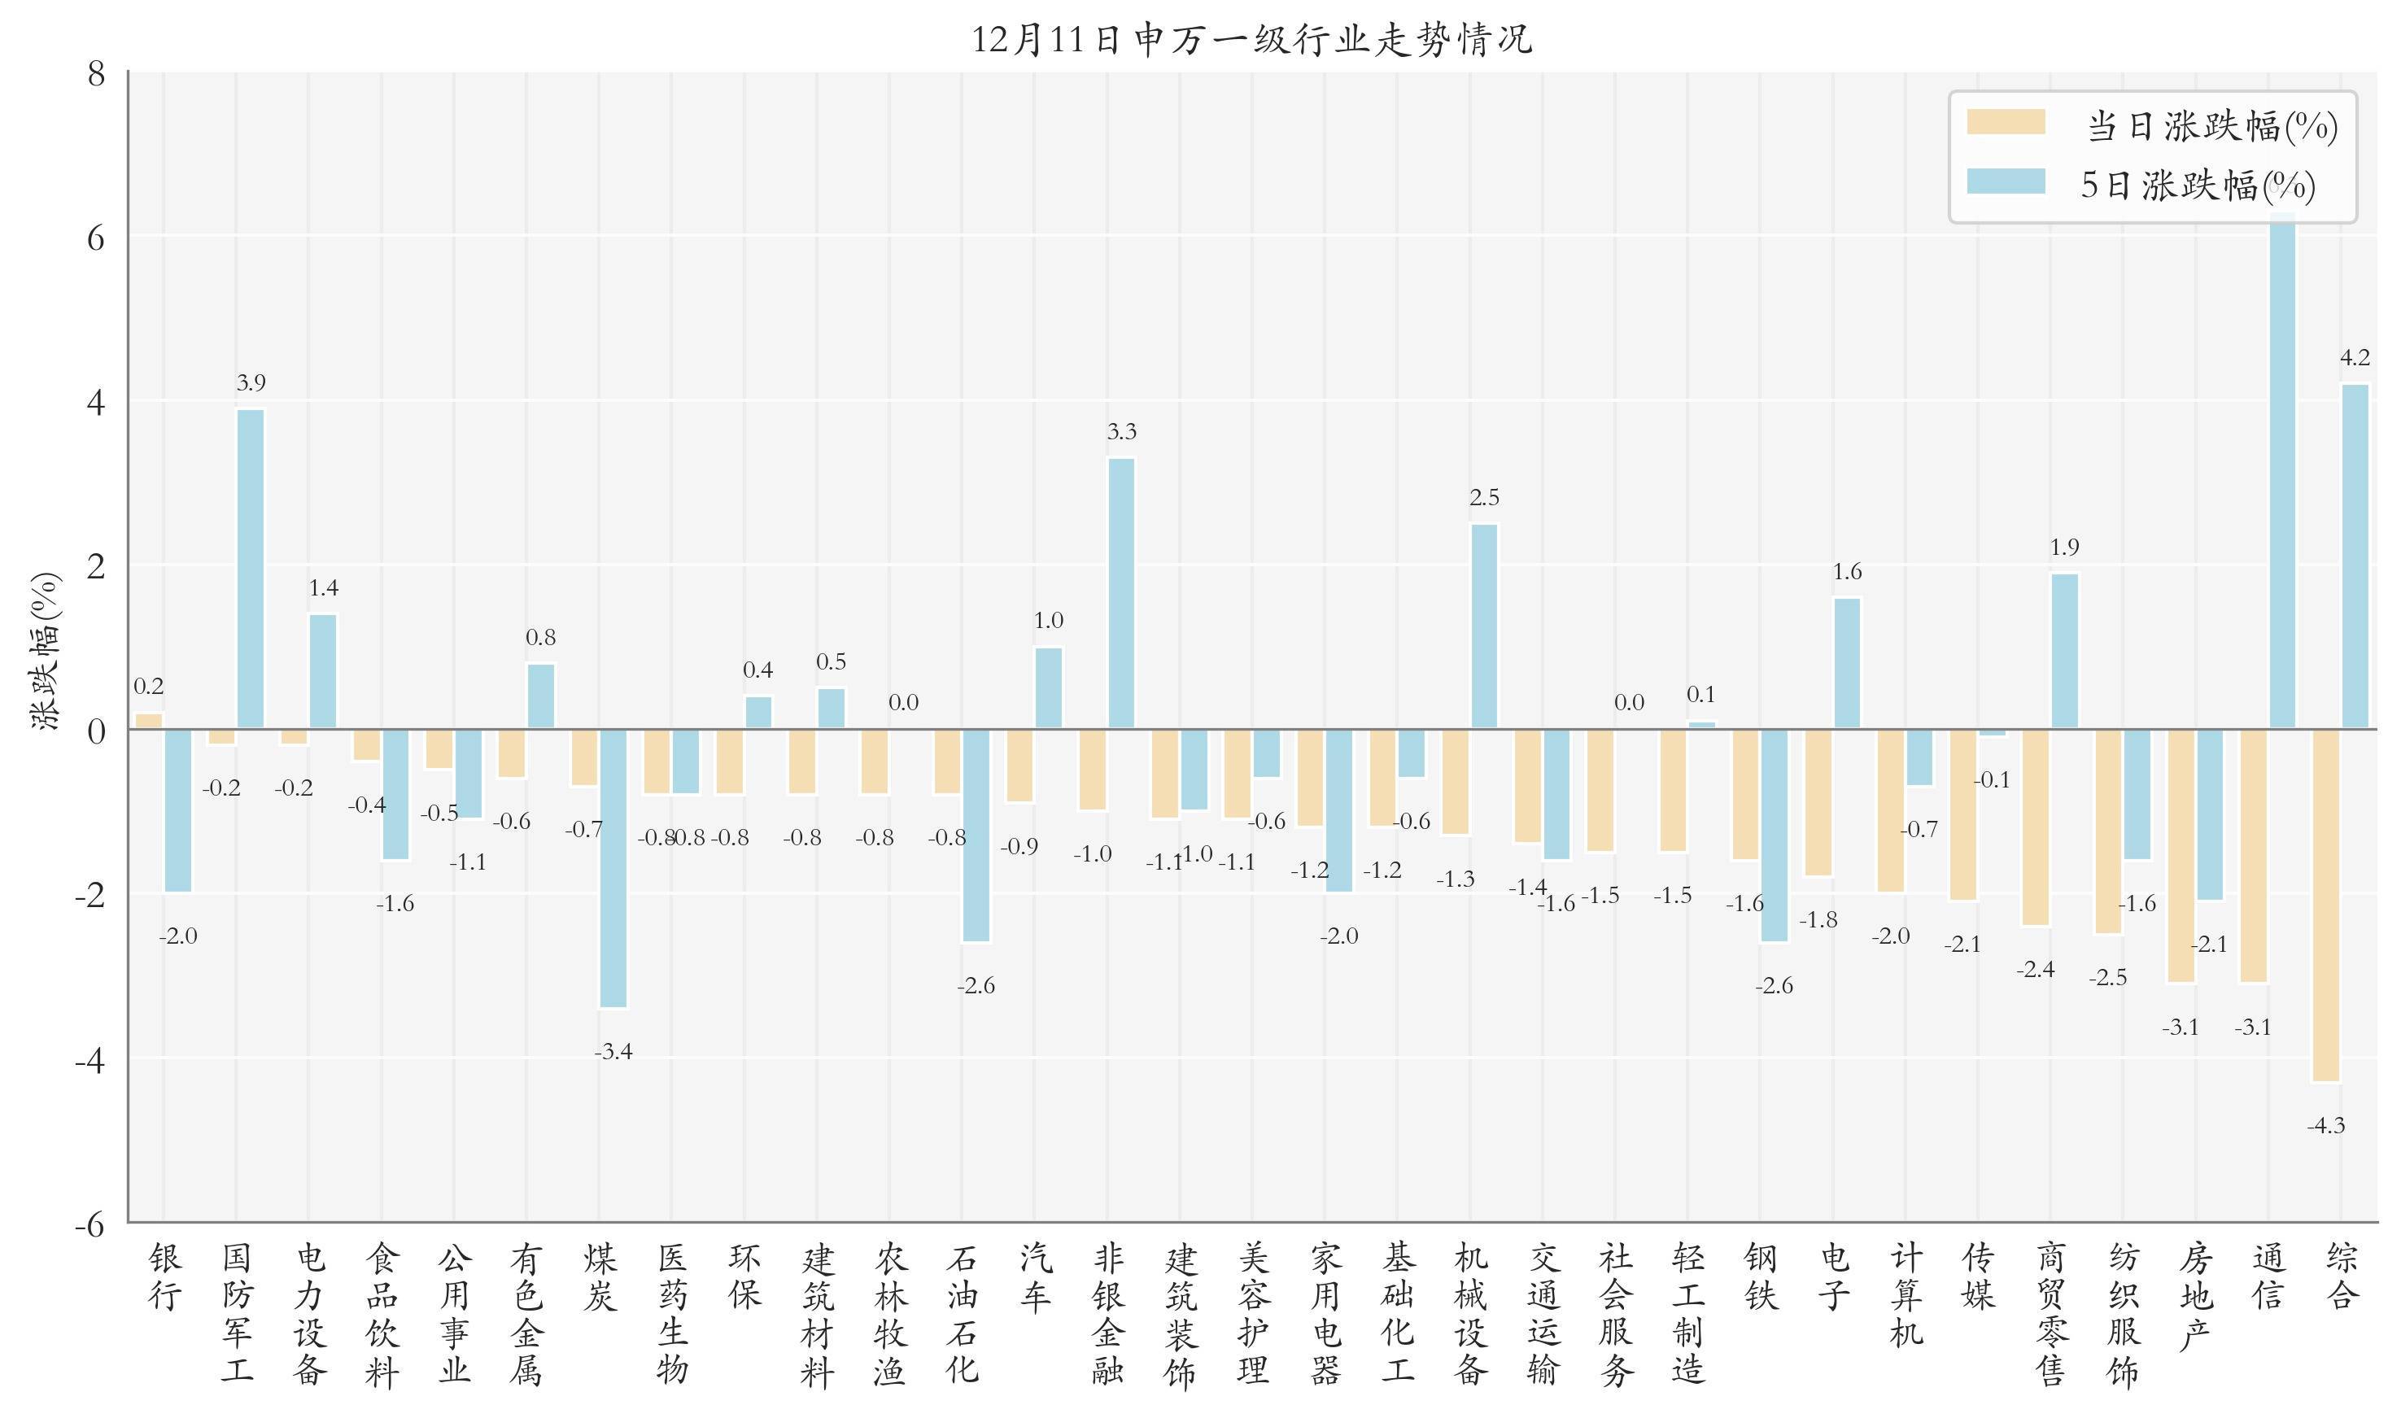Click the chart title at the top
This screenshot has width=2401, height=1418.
(x=1251, y=40)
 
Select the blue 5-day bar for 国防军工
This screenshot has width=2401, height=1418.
(x=251, y=569)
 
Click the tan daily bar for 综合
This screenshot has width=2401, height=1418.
(x=2325, y=905)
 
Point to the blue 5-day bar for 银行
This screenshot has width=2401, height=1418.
(x=177, y=810)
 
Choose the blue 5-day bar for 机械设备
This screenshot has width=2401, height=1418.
(x=1484, y=626)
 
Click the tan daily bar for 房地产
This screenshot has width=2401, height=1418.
(x=2181, y=855)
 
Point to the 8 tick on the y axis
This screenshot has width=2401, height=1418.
(x=95, y=73)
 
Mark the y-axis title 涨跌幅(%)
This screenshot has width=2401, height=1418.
(x=46, y=651)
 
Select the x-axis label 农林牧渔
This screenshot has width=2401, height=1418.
(x=888, y=1314)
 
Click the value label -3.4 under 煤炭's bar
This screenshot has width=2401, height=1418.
(x=613, y=1052)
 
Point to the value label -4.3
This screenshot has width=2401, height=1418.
(x=2325, y=1126)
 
